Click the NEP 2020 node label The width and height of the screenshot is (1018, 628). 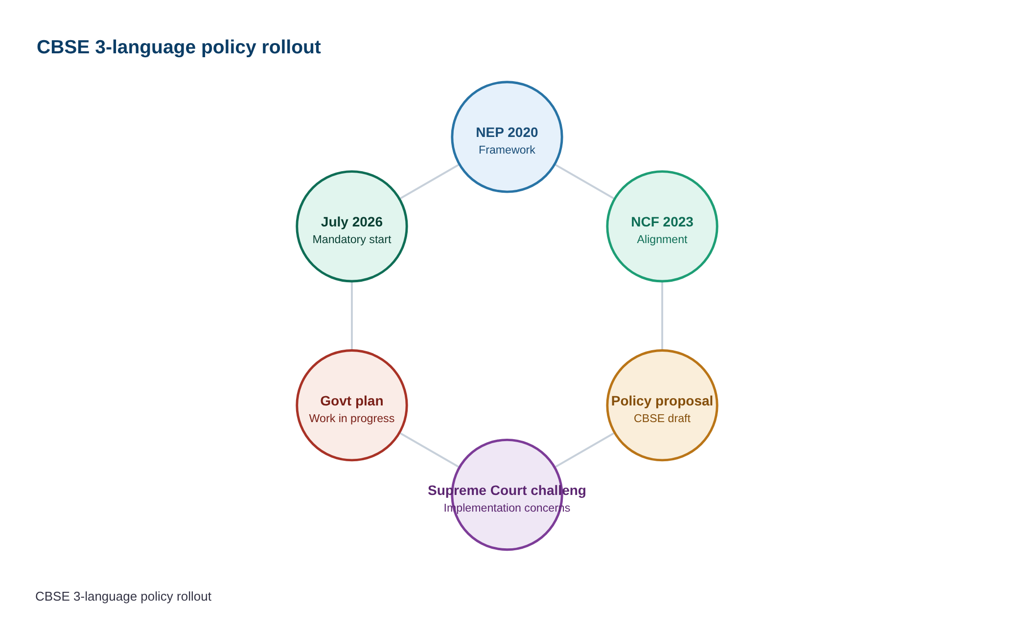507,133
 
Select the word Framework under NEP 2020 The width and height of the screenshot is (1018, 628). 507,150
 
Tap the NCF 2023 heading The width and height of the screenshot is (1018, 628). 662,222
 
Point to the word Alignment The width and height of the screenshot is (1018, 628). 662,239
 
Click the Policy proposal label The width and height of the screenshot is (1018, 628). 662,401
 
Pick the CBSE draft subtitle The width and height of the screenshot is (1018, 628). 662,418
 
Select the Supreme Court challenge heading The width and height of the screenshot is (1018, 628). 507,491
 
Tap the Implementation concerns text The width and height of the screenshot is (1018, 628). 507,508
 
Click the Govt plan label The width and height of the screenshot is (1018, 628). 351,401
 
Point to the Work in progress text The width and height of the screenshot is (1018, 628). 351,418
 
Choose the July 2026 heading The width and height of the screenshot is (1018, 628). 351,222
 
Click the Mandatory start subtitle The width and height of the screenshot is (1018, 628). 351,239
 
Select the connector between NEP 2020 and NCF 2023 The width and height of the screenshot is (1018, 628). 584,182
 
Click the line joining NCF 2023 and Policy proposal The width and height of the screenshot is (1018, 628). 662,316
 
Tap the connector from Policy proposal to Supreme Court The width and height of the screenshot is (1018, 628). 584,450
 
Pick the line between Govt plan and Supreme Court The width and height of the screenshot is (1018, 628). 429,450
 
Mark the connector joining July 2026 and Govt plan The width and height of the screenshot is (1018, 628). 351,316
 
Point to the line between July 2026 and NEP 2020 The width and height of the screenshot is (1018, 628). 429,182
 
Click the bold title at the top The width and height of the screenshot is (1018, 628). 179,47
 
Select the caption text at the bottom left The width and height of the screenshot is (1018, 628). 123,597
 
